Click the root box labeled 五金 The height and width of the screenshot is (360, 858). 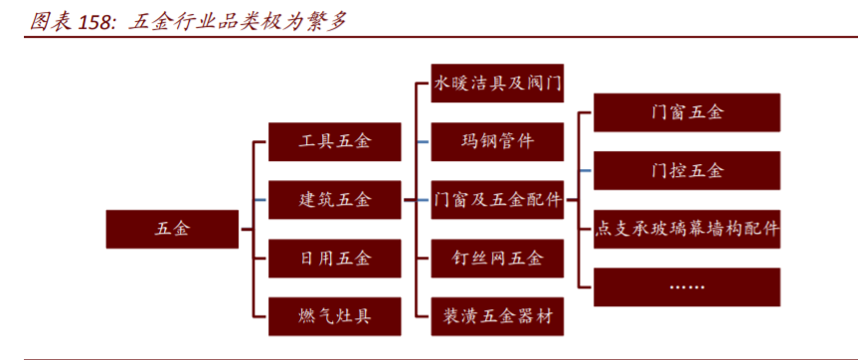[171, 229]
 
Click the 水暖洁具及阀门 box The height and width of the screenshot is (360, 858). [497, 84]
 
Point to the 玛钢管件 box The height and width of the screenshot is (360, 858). [497, 141]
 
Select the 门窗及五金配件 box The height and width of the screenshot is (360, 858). [497, 200]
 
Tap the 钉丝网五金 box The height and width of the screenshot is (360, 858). [497, 259]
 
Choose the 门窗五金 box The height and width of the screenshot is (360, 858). [687, 112]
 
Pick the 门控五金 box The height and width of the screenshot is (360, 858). [687, 170]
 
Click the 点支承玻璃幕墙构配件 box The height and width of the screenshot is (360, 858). [687, 229]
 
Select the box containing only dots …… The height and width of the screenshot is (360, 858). [687, 286]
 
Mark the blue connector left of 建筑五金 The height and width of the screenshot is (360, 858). [260, 200]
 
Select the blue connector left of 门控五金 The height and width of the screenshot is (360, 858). [586, 171]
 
